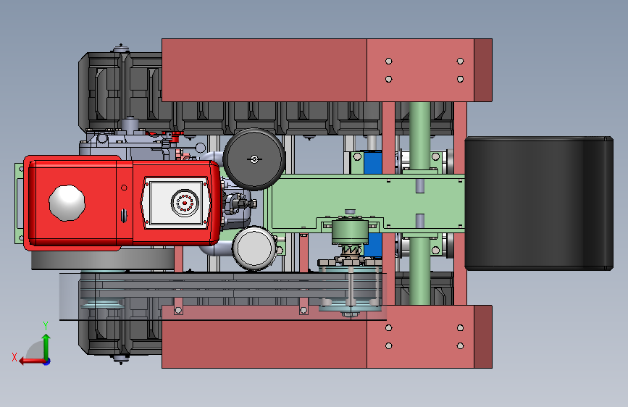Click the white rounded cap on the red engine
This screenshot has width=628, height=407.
[67, 203]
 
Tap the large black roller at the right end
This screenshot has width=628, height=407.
[539, 203]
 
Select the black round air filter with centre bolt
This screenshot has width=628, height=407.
[254, 159]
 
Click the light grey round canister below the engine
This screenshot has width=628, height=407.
[254, 248]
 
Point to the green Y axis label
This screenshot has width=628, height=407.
[46, 326]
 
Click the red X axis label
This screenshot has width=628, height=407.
[14, 357]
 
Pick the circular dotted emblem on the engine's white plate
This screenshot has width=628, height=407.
[185, 203]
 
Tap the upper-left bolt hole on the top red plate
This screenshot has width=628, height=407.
[388, 62]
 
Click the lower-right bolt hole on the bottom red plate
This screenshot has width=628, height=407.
[460, 345]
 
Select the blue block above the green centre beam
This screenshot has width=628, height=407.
[372, 162]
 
